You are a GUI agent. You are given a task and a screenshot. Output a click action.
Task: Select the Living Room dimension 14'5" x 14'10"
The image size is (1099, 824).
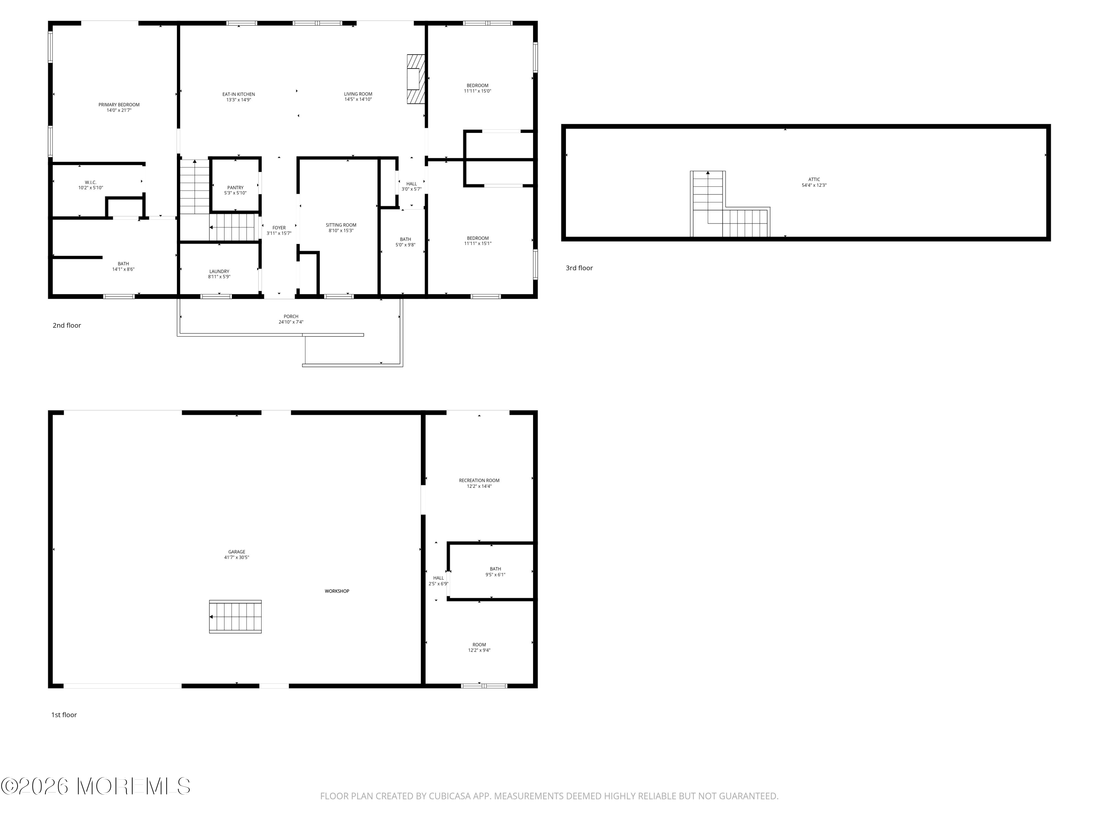(358, 99)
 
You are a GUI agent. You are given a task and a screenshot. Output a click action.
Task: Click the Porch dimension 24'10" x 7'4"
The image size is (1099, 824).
(291, 322)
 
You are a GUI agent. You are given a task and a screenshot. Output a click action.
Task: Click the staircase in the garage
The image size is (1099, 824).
(235, 616)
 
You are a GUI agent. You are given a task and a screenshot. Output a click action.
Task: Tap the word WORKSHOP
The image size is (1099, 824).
(337, 591)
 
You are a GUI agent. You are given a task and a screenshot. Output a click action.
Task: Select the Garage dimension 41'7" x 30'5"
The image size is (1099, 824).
(237, 557)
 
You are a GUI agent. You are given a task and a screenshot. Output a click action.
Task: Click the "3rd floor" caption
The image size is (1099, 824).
(579, 268)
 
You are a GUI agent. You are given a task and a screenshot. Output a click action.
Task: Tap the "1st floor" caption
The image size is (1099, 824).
(64, 715)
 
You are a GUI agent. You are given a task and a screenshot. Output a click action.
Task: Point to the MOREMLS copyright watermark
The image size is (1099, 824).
(95, 786)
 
